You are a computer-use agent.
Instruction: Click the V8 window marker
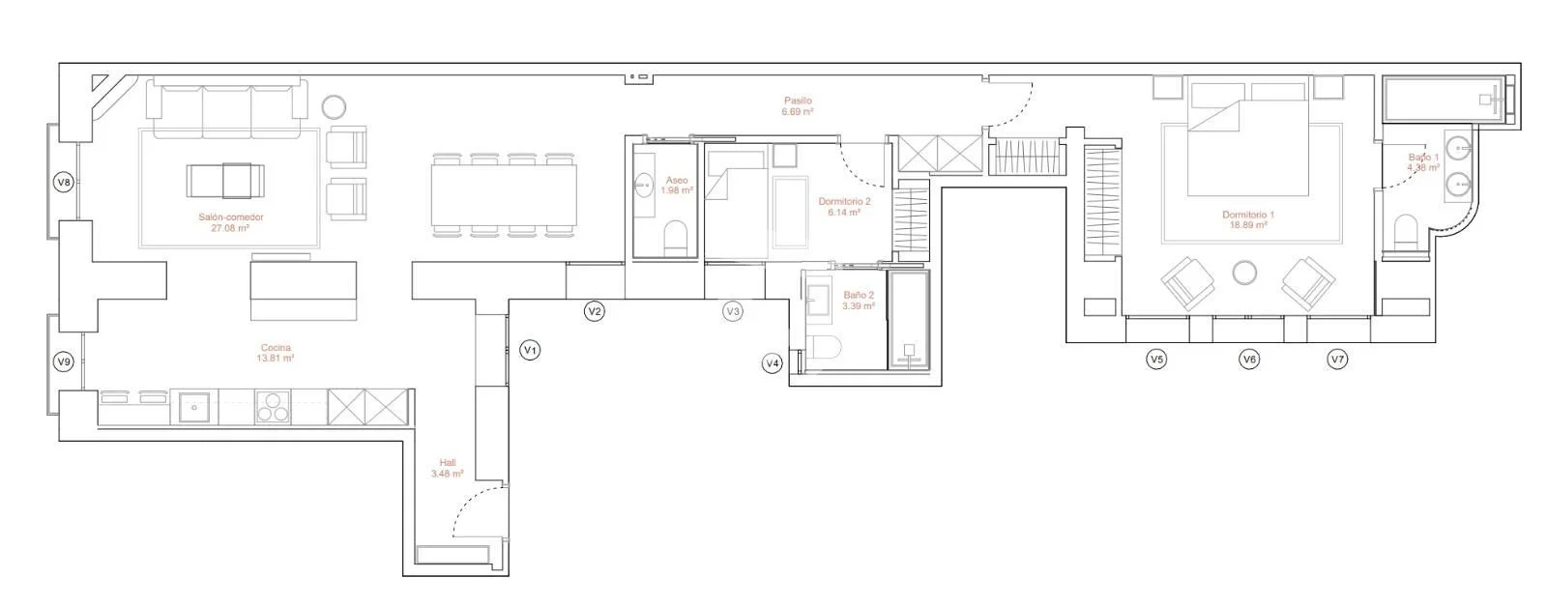64,183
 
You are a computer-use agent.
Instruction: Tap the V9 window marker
64,361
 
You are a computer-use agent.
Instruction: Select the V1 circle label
530,350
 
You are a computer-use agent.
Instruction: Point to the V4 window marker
773,363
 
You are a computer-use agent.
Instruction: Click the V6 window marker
1248,359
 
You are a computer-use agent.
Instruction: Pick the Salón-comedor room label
231,222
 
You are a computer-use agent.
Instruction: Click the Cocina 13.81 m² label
276,353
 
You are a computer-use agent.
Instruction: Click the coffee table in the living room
225,181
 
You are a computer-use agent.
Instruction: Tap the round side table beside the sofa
334,107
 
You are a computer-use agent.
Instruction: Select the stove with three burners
274,406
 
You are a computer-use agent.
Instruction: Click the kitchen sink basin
194,407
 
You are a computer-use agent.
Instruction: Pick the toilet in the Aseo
675,238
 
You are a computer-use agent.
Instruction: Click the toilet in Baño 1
1406,232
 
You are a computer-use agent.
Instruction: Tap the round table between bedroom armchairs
1244,273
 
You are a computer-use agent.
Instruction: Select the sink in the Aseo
644,185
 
